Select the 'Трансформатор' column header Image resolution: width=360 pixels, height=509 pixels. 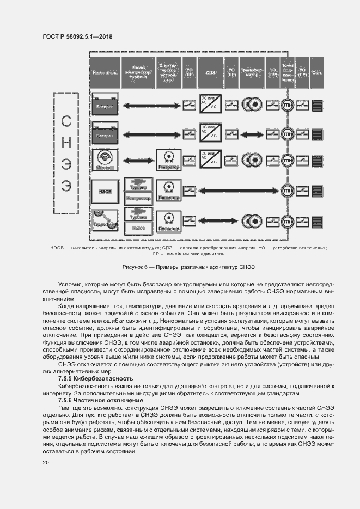pos(252,71)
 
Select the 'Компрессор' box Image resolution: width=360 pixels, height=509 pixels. pos(138,199)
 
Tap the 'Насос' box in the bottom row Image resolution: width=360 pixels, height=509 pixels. pos(138,228)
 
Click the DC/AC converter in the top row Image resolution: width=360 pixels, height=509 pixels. pos(209,103)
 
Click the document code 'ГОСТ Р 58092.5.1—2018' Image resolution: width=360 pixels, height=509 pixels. pos(81,37)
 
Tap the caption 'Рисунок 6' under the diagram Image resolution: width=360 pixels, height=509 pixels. pos(180,267)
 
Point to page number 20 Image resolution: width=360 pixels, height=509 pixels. pos(46,462)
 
